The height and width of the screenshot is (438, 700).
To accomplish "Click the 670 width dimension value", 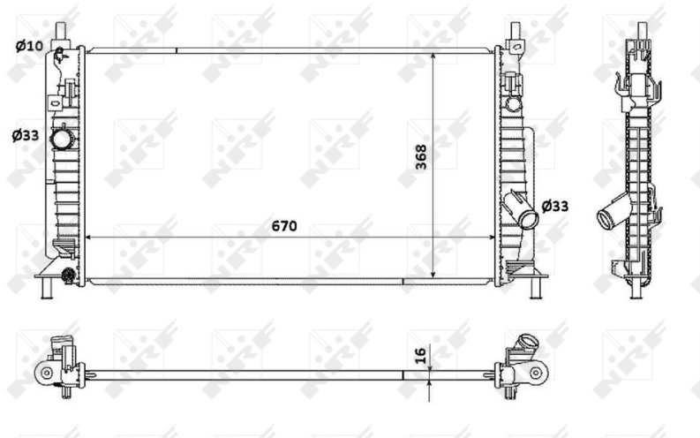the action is (x=284, y=226).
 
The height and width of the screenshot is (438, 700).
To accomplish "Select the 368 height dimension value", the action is (x=421, y=156).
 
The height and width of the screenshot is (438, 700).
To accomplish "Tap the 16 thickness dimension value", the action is (x=420, y=355).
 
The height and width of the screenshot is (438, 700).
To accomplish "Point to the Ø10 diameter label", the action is (x=29, y=46).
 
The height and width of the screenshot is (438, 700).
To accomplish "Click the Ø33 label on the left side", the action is (x=26, y=135).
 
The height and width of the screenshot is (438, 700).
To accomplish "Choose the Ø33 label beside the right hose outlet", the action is (x=555, y=207).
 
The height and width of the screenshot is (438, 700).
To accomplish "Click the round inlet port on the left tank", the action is (x=60, y=140).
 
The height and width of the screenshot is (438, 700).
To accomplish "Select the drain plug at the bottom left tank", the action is (x=68, y=276).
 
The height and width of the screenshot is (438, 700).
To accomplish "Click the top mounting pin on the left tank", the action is (x=61, y=32).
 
